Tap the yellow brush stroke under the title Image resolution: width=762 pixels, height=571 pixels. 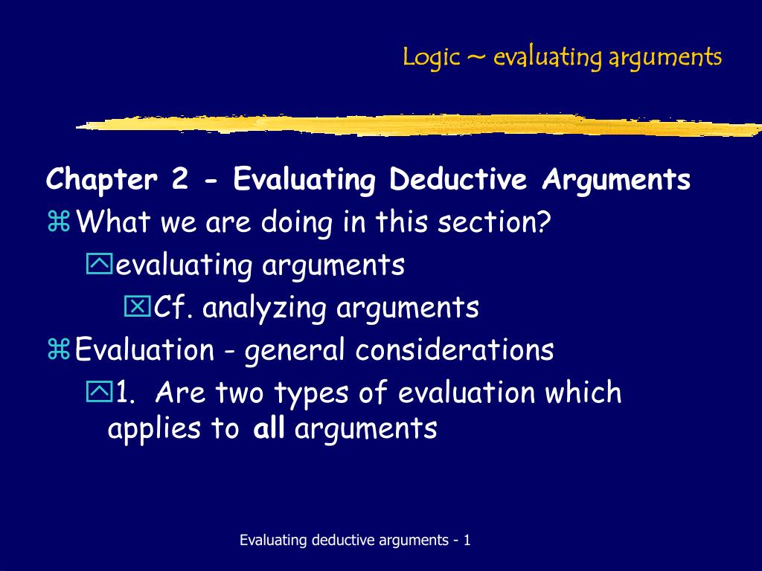(x=417, y=125)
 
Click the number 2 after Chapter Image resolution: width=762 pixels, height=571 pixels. (x=179, y=180)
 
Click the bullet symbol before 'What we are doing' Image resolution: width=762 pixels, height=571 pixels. (x=58, y=222)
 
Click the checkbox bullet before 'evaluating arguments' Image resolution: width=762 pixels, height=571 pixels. (x=97, y=263)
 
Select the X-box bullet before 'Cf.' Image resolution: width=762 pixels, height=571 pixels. (x=137, y=306)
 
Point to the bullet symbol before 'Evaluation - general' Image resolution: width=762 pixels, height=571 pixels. (x=58, y=349)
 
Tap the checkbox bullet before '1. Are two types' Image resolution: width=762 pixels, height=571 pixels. (x=97, y=391)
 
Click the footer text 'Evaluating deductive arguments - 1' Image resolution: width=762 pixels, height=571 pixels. (x=355, y=541)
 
